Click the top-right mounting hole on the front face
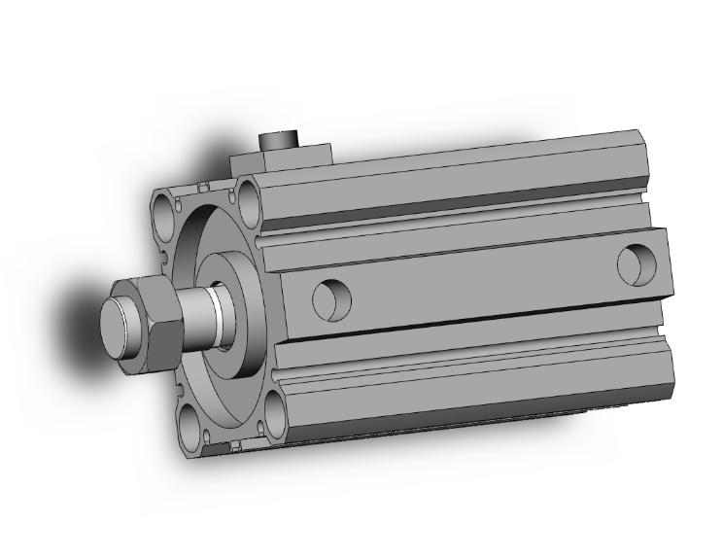[251, 199]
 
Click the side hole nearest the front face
[330, 298]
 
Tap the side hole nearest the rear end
[637, 263]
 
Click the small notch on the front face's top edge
[202, 184]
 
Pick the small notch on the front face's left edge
[162, 260]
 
